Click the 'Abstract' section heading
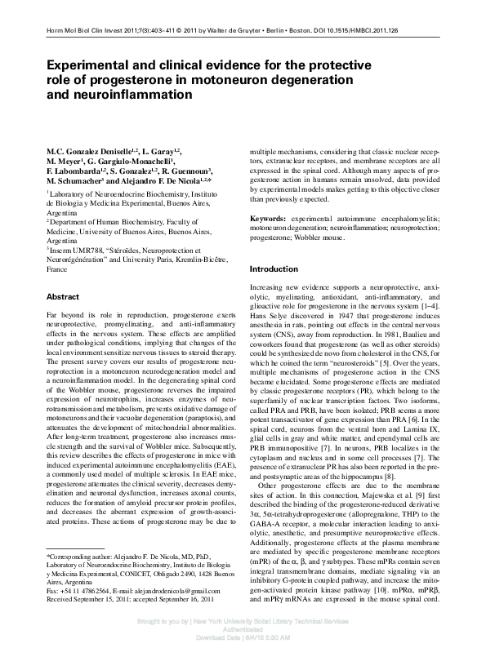pyautogui.click(x=62, y=297)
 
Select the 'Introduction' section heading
pyautogui.click(x=274, y=269)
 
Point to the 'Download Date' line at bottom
pyautogui.click(x=243, y=638)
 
